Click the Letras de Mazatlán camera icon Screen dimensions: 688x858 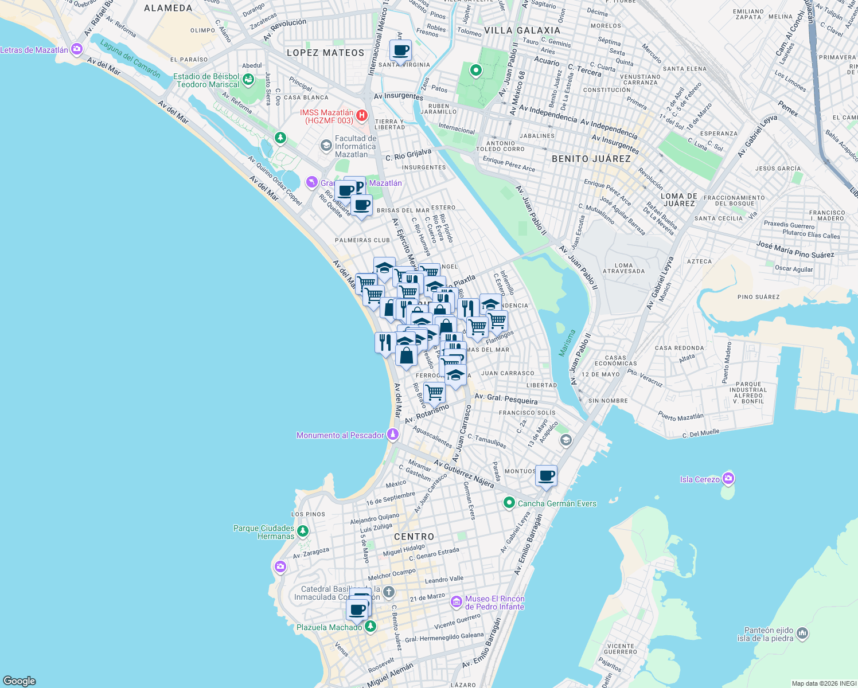pyautogui.click(x=77, y=50)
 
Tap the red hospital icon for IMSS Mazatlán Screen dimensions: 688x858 pyautogui.click(x=362, y=116)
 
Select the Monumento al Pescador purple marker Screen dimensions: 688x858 pyautogui.click(x=393, y=435)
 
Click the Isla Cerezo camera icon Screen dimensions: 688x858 pyautogui.click(x=728, y=479)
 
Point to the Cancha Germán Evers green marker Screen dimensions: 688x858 pyautogui.click(x=509, y=503)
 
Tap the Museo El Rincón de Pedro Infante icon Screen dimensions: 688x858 pyautogui.click(x=457, y=602)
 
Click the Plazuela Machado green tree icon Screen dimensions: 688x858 pyautogui.click(x=370, y=627)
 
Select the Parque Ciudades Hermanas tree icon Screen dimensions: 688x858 pyautogui.click(x=303, y=531)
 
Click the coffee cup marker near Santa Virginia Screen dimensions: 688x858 pyautogui.click(x=400, y=50)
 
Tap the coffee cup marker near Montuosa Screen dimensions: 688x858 pyautogui.click(x=547, y=476)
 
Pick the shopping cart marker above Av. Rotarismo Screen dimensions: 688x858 pyautogui.click(x=434, y=393)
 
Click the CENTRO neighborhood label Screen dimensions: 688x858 pyautogui.click(x=414, y=537)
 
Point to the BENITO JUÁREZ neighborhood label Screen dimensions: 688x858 pyautogui.click(x=591, y=159)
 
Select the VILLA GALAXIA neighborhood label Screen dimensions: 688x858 pyautogui.click(x=522, y=30)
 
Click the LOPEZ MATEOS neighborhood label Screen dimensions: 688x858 pyautogui.click(x=325, y=53)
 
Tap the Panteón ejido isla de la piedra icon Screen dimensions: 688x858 pyautogui.click(x=802, y=634)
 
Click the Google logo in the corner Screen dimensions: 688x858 pyautogui.click(x=19, y=681)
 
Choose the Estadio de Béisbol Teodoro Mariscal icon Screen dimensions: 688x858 pyautogui.click(x=248, y=80)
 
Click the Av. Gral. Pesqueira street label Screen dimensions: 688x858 pyautogui.click(x=506, y=398)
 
